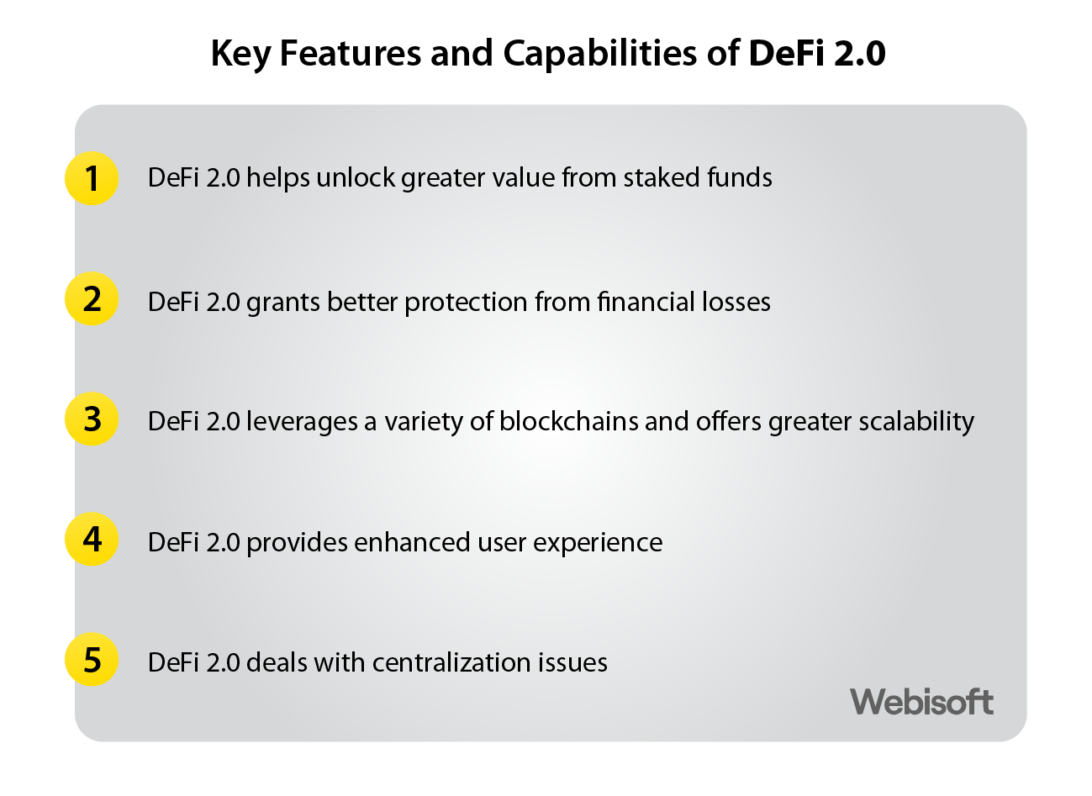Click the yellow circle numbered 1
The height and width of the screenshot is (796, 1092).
pos(92,178)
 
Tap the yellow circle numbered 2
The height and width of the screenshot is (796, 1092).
pos(92,299)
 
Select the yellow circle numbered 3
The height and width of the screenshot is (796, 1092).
pos(92,419)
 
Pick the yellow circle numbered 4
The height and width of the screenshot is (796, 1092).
pos(92,540)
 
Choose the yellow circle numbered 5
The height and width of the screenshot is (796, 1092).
pos(92,660)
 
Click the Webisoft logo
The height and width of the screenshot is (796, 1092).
pos(921,701)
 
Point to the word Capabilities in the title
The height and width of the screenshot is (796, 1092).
pos(600,54)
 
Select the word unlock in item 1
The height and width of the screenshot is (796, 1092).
pos(356,177)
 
